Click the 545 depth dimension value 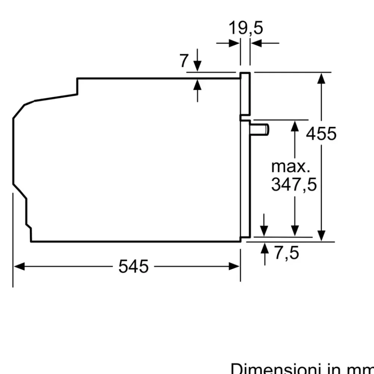134,266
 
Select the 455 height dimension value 321,134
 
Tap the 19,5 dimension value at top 246,28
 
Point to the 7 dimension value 183,61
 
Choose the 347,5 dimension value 294,184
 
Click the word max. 291,166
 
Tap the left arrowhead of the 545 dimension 19,266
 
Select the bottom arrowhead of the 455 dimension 321,236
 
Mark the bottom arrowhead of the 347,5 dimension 295,231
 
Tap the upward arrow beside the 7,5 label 265,248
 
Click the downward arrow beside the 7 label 197,66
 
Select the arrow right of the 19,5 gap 256,43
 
